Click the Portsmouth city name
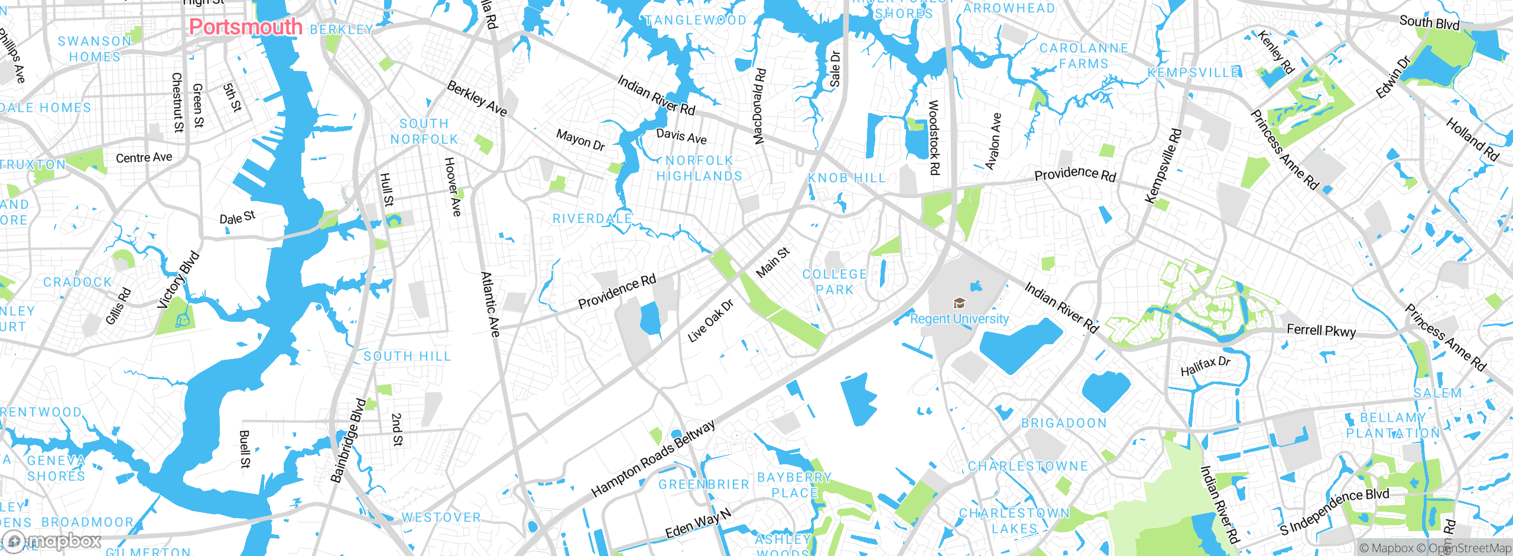click(x=245, y=27)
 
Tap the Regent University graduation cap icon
click(x=959, y=303)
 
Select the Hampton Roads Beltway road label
click(x=653, y=458)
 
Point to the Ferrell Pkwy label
click(x=1322, y=331)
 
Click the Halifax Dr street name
click(x=1205, y=366)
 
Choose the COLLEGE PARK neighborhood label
click(x=835, y=282)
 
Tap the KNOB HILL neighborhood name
click(x=847, y=178)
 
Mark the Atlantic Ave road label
click(x=491, y=304)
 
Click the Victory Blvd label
click(x=178, y=280)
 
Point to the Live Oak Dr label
click(x=710, y=321)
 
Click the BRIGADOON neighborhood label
click(x=1064, y=424)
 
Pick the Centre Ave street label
click(x=144, y=157)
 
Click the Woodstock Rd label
click(x=934, y=137)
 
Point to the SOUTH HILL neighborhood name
click(x=407, y=356)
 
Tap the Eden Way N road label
click(x=698, y=523)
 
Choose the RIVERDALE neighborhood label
click(x=592, y=219)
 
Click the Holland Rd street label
click(x=1472, y=140)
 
